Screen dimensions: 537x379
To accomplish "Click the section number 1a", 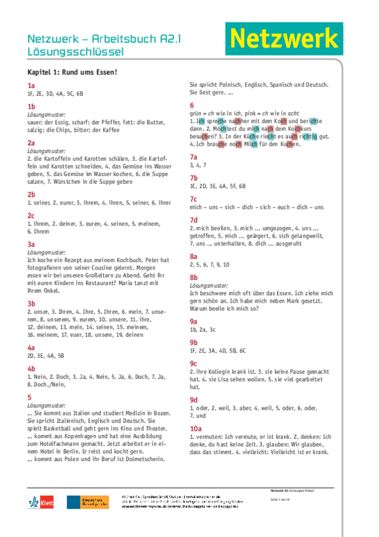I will (31, 85).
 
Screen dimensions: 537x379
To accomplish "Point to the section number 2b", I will (31, 194).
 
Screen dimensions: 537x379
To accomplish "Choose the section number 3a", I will (31, 244).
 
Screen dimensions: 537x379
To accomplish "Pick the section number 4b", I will (31, 368).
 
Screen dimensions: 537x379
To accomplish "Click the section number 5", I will (29, 396).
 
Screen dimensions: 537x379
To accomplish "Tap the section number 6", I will (192, 105).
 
